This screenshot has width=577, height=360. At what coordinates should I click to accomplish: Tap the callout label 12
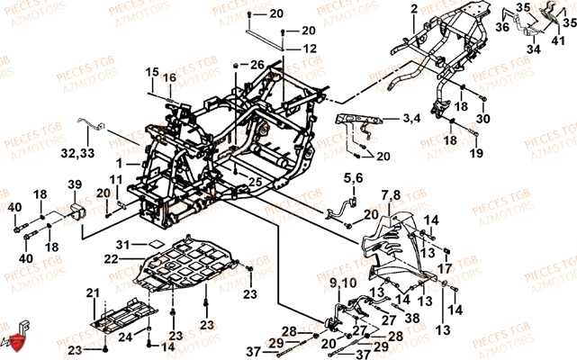[x=310, y=48]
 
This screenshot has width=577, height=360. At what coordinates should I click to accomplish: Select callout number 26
[x=258, y=64]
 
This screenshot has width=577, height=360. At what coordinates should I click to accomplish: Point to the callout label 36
[x=501, y=29]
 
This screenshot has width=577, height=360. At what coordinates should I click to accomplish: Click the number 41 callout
[x=558, y=41]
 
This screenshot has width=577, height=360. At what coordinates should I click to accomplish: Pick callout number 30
[x=483, y=119]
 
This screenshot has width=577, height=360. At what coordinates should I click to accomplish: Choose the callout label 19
[x=474, y=154]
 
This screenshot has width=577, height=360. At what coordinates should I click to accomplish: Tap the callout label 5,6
[x=353, y=180]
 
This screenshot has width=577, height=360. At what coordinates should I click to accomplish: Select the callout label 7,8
[x=390, y=195]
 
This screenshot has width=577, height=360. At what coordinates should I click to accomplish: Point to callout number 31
[x=123, y=244]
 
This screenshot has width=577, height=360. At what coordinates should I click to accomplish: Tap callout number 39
[x=75, y=185]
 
